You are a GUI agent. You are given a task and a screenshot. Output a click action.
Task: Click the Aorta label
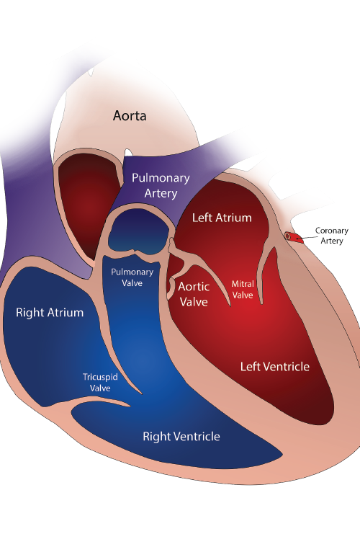pos(130,115)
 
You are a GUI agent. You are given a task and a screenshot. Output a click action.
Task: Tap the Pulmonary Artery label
pos(161,186)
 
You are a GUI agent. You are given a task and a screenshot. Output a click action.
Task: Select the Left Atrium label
pos(222,218)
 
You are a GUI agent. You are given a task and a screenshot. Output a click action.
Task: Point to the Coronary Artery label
pos(332,236)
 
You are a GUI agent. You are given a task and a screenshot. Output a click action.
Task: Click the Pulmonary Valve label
pos(132,277)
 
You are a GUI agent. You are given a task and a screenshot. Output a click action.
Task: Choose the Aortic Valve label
pos(194,294)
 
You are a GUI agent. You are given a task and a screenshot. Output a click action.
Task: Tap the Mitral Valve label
pos(243,290)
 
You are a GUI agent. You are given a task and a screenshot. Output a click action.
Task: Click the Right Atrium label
pos(50,313)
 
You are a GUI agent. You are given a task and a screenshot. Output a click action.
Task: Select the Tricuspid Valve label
pos(100,383)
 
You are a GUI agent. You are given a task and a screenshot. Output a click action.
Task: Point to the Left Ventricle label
pos(275,367)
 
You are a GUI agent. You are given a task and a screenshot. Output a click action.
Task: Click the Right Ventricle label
pos(181,437)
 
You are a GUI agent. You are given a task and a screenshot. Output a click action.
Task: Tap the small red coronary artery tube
pos(294,237)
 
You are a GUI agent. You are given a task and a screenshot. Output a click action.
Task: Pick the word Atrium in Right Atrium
pos(66,313)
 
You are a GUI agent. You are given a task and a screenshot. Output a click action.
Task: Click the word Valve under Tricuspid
pos(100,388)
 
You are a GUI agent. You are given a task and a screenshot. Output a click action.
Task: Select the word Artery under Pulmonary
pos(161,193)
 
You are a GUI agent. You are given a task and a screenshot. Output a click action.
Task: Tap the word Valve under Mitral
pos(243,295)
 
